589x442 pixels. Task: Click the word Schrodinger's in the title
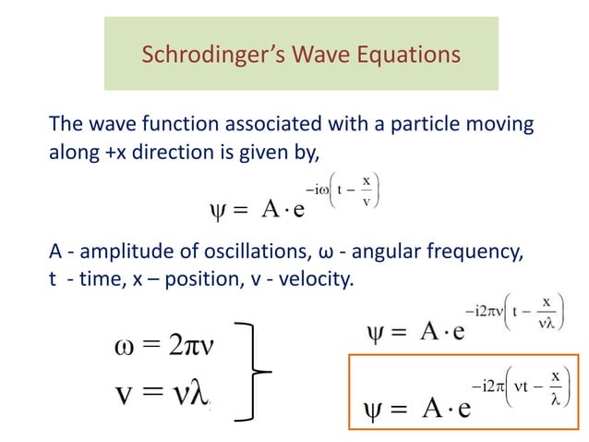tap(202, 56)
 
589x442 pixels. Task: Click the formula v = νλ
tap(166, 393)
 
